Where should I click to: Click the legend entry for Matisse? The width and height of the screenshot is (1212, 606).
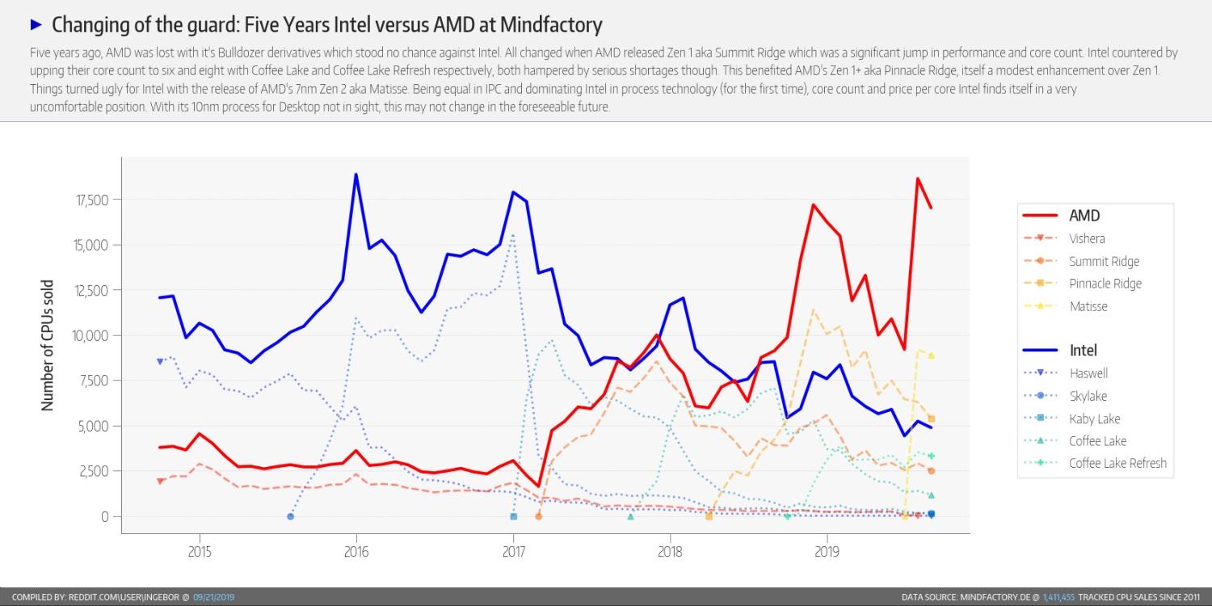coord(1088,306)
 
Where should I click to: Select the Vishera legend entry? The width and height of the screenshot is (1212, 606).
coord(1087,238)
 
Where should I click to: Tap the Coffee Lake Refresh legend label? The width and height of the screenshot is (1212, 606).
coord(1117,463)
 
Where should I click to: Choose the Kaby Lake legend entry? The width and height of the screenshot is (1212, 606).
coord(1094,419)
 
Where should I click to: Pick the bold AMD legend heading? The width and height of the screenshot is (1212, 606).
coord(1084,216)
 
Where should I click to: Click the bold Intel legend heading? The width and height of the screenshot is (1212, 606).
coord(1083,351)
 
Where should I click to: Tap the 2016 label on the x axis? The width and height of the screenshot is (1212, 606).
coord(356,553)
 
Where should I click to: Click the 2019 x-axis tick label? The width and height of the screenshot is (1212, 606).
coord(827,553)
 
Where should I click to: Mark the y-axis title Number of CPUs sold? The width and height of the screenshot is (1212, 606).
coord(48,346)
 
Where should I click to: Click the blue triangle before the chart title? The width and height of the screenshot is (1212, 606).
coord(36,23)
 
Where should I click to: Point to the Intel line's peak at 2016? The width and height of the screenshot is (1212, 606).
coord(356,175)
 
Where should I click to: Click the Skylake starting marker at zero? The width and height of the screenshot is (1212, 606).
coord(291,516)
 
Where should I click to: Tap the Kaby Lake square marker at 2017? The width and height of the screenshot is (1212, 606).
coord(513,516)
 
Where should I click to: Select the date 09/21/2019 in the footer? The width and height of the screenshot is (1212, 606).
coord(213,597)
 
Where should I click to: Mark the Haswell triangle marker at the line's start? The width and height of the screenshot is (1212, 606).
coord(160,361)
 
